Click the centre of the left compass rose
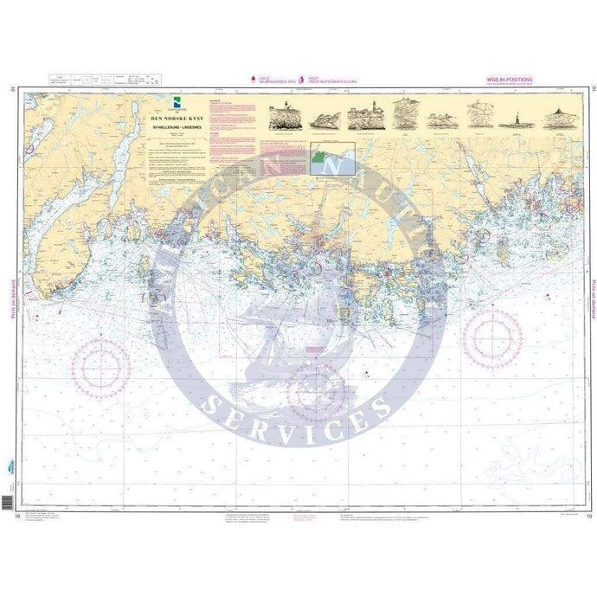tap(102, 367)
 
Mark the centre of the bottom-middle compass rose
tap(316, 392)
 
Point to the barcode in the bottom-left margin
tap(8, 501)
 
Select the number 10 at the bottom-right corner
tap(588, 517)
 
